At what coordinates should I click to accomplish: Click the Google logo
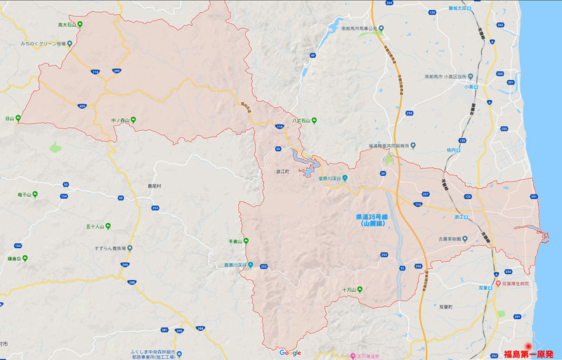pyautogui.click(x=289, y=352)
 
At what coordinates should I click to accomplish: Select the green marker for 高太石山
pyautogui.click(x=80, y=25)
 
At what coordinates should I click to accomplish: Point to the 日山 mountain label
pyautogui.click(x=9, y=119)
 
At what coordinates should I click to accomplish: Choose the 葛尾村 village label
pyautogui.click(x=155, y=186)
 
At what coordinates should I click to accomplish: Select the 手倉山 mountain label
pyautogui.click(x=235, y=242)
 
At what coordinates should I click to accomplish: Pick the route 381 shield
pyautogui.click(x=165, y=329)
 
